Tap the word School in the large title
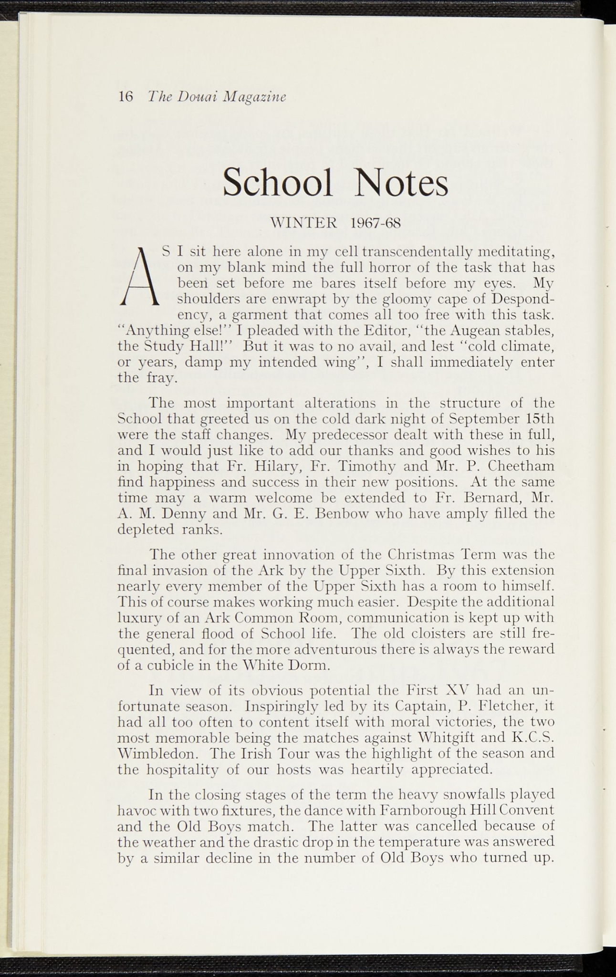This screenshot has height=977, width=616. click(278, 183)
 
